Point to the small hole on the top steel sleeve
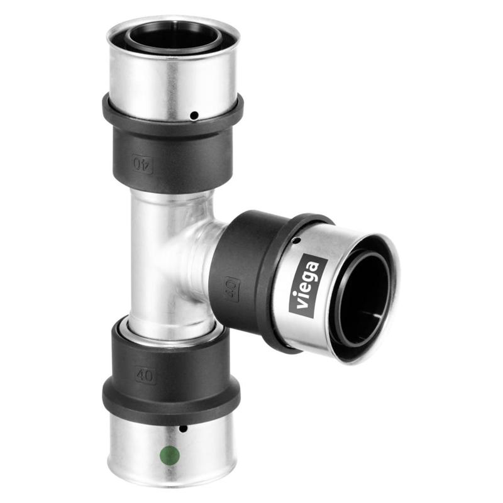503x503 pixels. (195, 115)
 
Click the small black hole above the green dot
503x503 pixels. (183, 429)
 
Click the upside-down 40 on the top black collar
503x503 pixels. (143, 165)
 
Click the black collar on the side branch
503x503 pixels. (251, 277)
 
